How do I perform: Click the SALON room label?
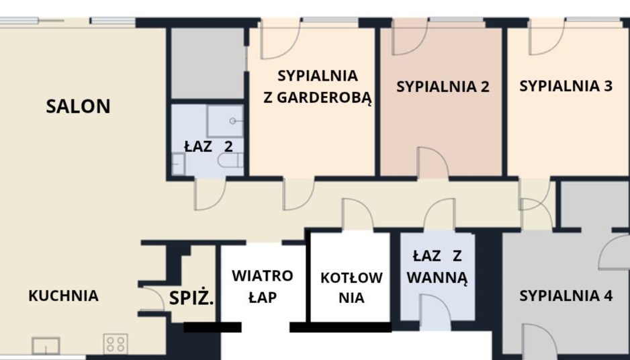click(78, 107)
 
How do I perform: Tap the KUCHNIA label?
click(64, 296)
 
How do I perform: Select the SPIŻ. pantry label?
click(191, 298)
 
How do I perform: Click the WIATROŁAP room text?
click(263, 287)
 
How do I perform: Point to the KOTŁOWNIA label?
click(351, 287)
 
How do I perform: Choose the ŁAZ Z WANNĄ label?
click(437, 267)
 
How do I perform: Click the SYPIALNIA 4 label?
click(566, 296)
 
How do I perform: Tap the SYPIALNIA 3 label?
click(566, 85)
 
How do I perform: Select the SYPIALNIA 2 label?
click(443, 87)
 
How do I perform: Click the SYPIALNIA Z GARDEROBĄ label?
click(318, 87)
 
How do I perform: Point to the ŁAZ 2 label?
click(208, 146)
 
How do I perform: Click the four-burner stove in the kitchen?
click(116, 344)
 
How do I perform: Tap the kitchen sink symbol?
click(46, 345)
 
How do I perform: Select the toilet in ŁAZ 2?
click(230, 161)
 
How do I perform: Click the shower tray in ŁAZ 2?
click(225, 121)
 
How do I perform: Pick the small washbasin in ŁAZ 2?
click(178, 164)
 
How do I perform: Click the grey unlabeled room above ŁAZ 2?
click(208, 63)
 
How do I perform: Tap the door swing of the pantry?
click(152, 298)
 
